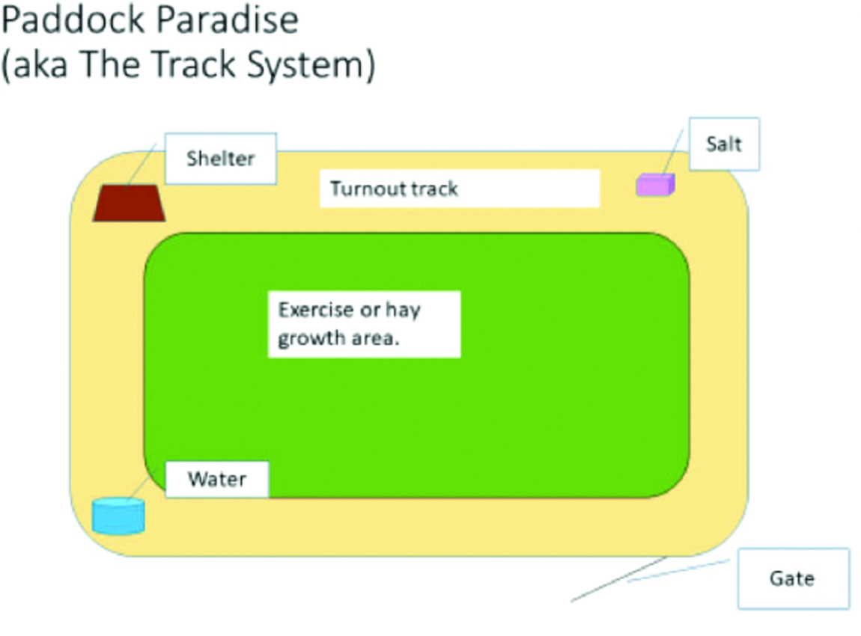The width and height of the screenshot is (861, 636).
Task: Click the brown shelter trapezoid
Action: tap(129, 203)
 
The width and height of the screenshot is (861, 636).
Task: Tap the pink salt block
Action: tap(655, 185)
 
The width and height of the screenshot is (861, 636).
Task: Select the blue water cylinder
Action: tap(118, 516)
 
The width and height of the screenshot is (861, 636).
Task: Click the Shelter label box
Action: tap(221, 159)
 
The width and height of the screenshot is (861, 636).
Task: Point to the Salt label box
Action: tap(724, 144)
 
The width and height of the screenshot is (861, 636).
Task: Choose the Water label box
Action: tap(217, 479)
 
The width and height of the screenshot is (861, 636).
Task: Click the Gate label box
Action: tap(793, 578)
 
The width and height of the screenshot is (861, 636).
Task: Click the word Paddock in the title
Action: tap(74, 20)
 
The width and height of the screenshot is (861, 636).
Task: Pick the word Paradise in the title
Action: tap(228, 20)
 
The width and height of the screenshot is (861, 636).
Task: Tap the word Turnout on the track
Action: tap(368, 189)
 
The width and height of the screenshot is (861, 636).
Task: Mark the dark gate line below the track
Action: tap(619, 579)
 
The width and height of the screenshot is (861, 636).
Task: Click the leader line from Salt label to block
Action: tap(672, 151)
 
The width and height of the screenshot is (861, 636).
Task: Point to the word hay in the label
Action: tap(403, 311)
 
